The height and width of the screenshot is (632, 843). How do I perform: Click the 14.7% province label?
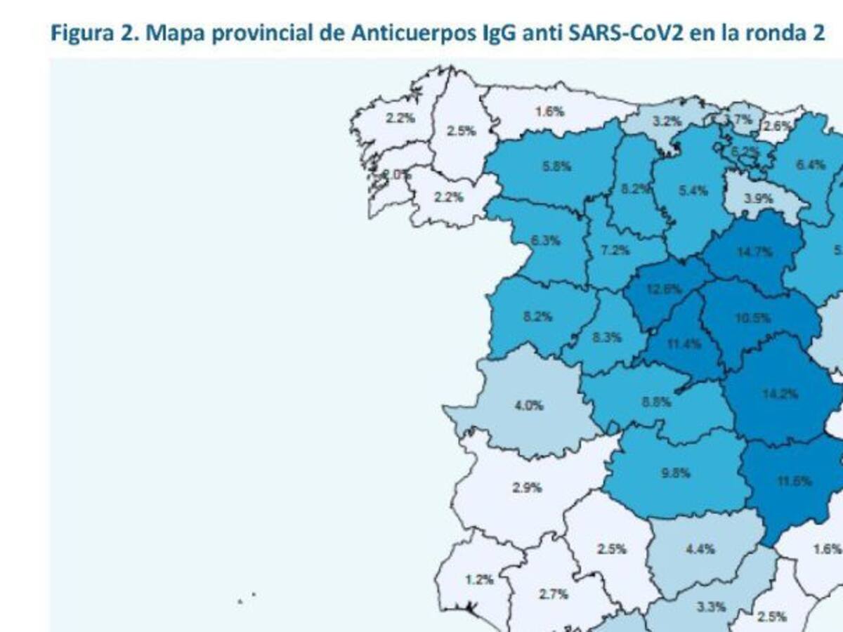tap(755, 252)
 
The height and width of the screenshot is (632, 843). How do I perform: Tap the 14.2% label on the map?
tap(780, 394)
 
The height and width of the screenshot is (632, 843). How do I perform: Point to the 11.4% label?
tap(679, 344)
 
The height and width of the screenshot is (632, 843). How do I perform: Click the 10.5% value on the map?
tap(752, 317)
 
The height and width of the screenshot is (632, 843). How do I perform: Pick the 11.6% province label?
tap(795, 481)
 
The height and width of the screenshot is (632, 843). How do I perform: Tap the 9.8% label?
tap(675, 473)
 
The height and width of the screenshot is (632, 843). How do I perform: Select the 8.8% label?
tap(657, 402)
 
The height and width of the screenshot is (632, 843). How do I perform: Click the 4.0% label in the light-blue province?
tap(529, 405)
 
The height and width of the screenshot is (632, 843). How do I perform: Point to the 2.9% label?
tap(526, 487)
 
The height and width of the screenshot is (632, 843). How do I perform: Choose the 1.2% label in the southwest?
tap(480, 580)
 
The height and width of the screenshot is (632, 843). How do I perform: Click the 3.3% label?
tap(711, 607)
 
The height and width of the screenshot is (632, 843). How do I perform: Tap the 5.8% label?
tap(557, 167)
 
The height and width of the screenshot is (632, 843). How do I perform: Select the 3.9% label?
tap(759, 199)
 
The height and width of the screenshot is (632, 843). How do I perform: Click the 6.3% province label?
tap(546, 241)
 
